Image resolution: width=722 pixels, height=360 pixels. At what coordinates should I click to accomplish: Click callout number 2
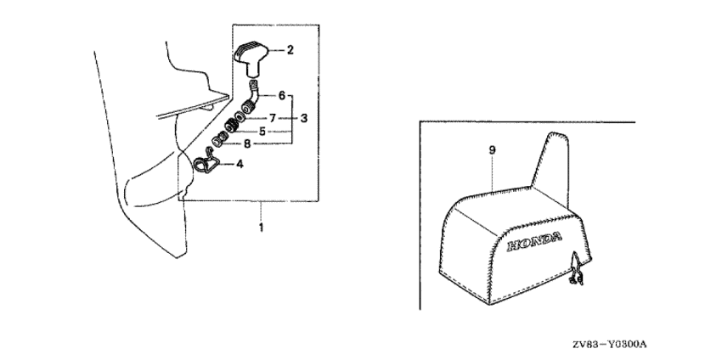coord(290,51)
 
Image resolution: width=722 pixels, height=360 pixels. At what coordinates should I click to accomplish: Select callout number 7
coord(274,116)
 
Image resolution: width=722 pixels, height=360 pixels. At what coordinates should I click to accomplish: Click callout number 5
coord(262,132)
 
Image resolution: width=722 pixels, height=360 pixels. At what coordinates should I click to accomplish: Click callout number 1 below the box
coord(261,228)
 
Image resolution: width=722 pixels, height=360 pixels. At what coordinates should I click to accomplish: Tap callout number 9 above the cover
coord(492,151)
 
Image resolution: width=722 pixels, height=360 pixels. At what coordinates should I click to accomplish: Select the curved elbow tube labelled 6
coord(251,98)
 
